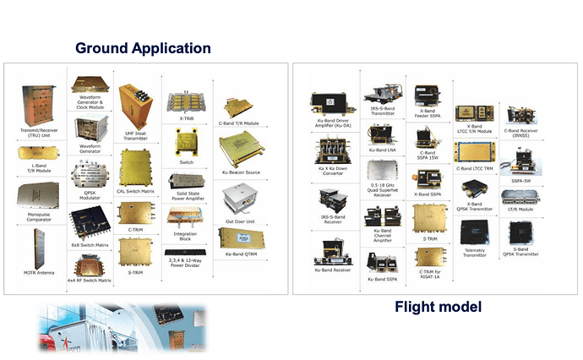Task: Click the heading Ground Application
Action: (143, 47)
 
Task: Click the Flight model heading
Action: (438, 306)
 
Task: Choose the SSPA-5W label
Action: (520, 179)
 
